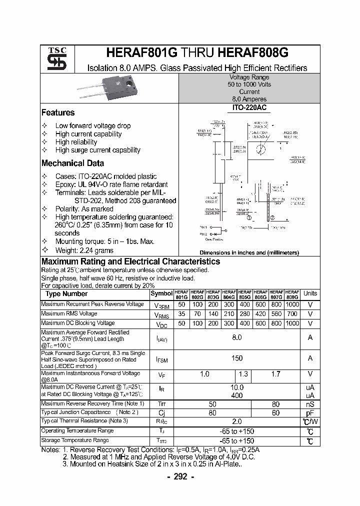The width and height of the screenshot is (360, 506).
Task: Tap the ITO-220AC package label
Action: pos(249,107)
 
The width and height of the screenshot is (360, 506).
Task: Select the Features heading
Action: pos(58,113)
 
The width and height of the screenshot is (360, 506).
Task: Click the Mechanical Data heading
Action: pos(72,163)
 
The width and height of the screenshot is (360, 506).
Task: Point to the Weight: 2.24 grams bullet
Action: pos(84,250)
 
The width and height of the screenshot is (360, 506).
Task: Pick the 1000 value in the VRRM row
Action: pos(292,304)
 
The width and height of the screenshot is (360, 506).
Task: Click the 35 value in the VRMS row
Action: pos(181,314)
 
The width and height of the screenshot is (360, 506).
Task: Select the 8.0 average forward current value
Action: pos(237,337)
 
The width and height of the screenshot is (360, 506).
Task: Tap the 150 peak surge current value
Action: pos(237,358)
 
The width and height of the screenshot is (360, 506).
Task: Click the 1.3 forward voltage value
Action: pos(243,374)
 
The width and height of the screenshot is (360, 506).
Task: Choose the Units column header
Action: pos(310,293)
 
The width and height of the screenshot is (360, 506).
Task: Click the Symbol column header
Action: pos(161,294)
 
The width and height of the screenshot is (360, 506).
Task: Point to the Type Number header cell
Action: pos(66,294)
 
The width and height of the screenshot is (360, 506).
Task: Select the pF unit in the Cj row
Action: pos(310,412)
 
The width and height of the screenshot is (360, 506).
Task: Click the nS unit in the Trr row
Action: pos(310,404)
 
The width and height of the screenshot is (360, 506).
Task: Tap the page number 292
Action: pos(180,476)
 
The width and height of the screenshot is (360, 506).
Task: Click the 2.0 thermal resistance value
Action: pos(237,421)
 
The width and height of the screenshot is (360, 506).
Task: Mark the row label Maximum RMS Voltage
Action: pos(69,313)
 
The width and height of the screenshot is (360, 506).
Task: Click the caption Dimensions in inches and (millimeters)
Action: pos(249,253)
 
